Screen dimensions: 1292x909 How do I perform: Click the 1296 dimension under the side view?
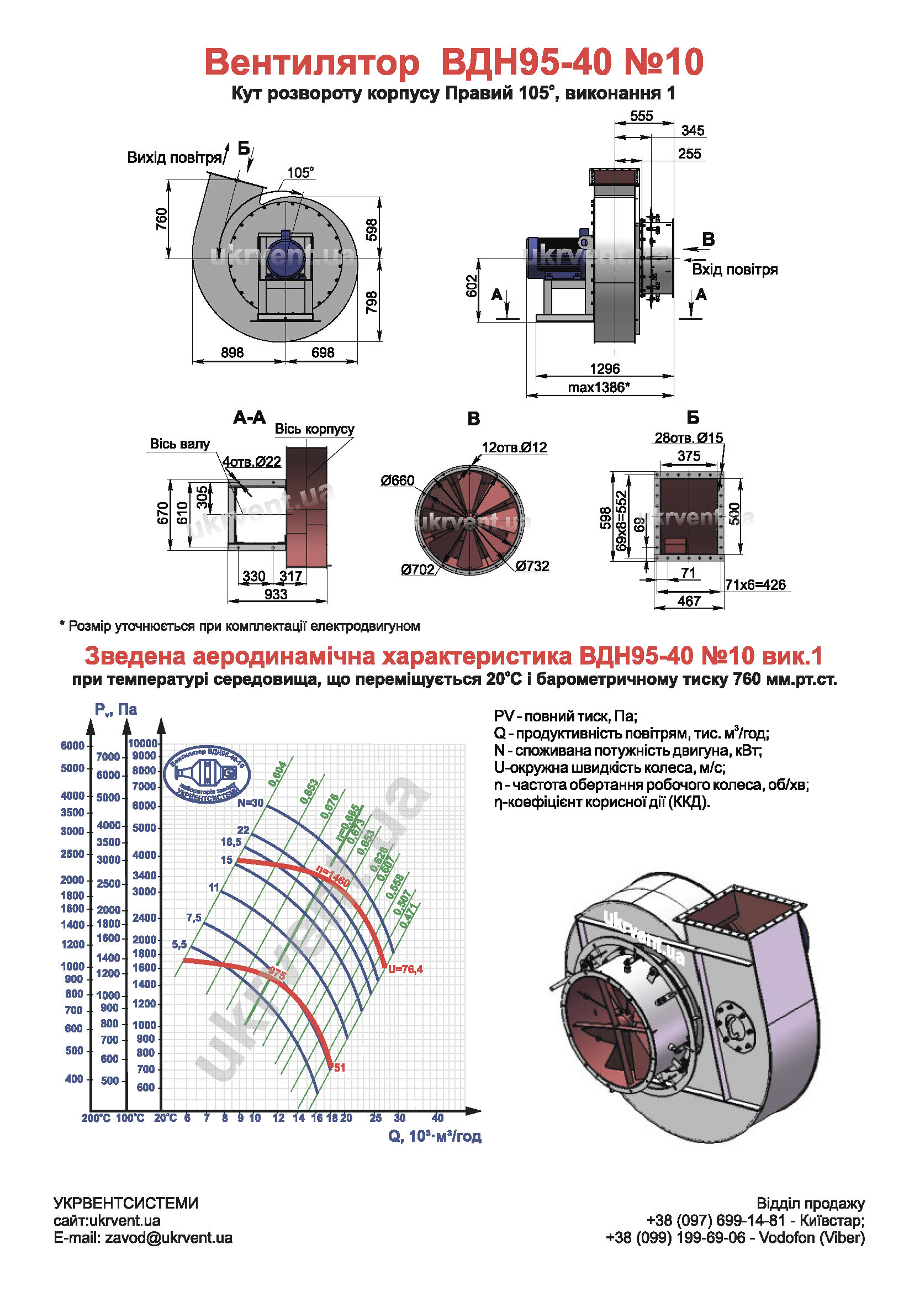[x=604, y=368]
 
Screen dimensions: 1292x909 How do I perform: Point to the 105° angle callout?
[x=300, y=172]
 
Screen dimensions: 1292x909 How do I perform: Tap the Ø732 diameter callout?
[x=532, y=566]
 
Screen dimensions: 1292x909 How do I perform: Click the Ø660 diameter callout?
[x=397, y=480]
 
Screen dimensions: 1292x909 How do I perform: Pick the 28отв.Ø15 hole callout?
[x=688, y=437]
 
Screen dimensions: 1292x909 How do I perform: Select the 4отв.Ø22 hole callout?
[x=251, y=461]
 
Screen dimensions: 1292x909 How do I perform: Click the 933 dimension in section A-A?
[x=276, y=594]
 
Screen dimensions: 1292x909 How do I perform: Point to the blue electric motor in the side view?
[x=554, y=257]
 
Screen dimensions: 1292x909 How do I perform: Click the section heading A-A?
[x=249, y=417]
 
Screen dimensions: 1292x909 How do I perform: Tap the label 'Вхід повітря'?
[x=734, y=270]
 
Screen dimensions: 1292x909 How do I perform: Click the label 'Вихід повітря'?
[x=175, y=157]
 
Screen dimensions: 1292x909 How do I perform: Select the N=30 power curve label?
[x=250, y=803]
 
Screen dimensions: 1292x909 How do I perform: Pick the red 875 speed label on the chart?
[x=277, y=972]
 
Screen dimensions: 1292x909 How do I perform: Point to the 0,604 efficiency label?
[x=278, y=774]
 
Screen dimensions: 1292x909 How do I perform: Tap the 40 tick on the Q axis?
[x=437, y=1117]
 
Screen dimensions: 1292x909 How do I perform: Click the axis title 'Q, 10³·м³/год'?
[x=434, y=1136]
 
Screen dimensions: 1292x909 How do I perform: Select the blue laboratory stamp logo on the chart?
[x=207, y=775]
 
